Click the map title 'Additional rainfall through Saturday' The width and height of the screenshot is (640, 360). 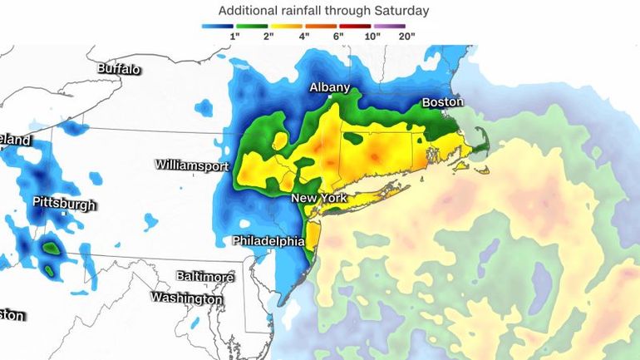[x=323, y=11]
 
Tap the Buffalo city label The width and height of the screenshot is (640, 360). [x=119, y=69]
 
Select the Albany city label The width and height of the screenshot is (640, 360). [x=330, y=87]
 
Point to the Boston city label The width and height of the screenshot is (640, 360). [x=441, y=101]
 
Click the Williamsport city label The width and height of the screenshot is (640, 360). [x=191, y=165]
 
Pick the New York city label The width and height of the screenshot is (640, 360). [x=318, y=200]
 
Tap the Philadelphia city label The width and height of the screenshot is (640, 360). [x=268, y=241]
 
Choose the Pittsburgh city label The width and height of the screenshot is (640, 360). [x=64, y=204]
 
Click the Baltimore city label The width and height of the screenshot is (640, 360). [x=204, y=276]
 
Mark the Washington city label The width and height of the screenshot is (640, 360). [x=186, y=298]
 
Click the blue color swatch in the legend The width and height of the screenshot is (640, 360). [x=218, y=27]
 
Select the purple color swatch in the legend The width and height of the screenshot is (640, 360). [x=389, y=27]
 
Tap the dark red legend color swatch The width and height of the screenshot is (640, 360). [x=356, y=27]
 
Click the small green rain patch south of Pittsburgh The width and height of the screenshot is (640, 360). [x=52, y=247]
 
